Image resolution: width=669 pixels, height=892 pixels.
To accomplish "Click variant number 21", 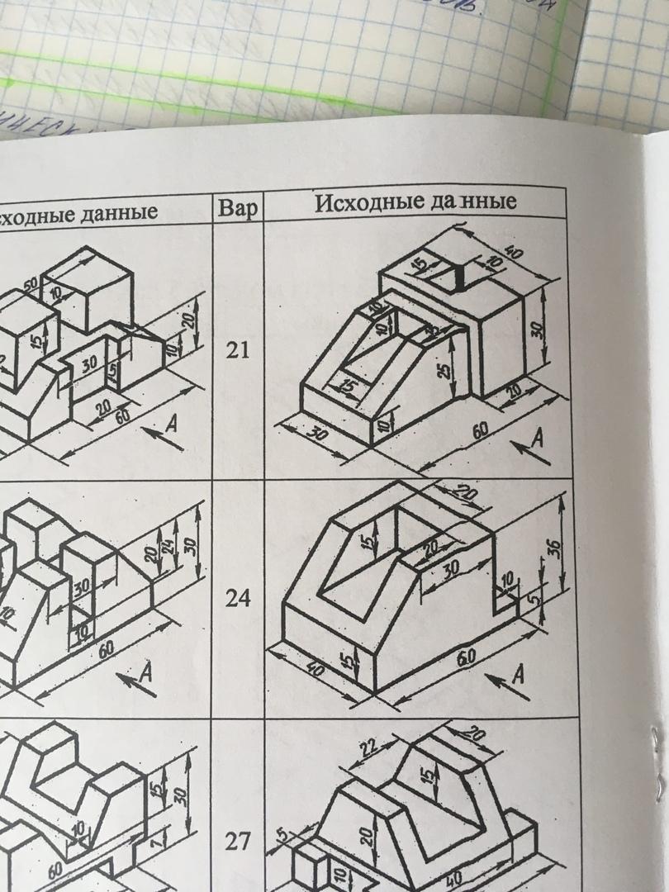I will click(x=238, y=351).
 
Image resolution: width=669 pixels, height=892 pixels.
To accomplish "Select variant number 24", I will click(x=238, y=599).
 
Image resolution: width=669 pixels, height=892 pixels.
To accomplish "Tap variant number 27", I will click(x=238, y=842).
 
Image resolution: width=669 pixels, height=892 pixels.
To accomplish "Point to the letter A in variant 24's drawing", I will click(x=518, y=674).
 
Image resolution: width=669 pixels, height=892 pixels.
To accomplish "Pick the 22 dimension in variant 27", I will click(x=368, y=747).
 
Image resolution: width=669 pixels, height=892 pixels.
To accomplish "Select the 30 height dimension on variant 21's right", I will click(x=537, y=331).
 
